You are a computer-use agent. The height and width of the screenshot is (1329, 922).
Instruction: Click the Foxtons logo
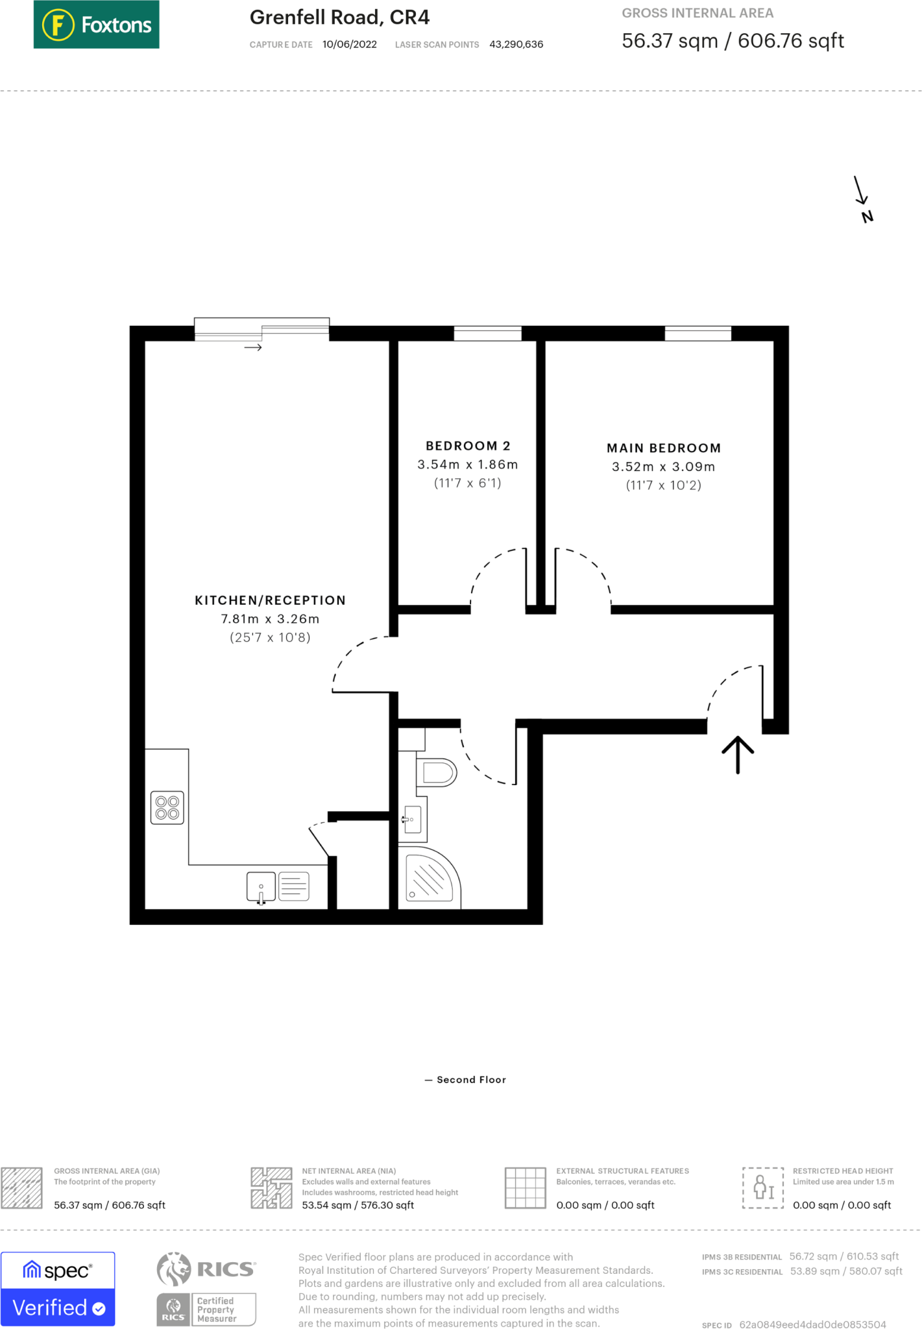click(x=96, y=25)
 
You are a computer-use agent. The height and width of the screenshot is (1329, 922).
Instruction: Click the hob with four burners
click(x=167, y=807)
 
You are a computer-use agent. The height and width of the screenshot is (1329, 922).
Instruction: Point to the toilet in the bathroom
click(x=438, y=773)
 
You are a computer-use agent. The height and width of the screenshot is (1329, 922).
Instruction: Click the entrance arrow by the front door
click(x=738, y=754)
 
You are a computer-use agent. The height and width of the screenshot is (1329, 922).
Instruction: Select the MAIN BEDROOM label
click(x=663, y=448)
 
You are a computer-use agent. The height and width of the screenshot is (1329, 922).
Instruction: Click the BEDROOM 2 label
click(x=468, y=446)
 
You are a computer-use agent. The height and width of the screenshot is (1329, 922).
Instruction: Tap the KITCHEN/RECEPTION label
click(x=270, y=600)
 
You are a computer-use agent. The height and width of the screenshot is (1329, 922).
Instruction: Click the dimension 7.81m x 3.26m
click(x=270, y=619)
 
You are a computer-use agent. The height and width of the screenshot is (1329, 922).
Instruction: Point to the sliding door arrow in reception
click(x=253, y=348)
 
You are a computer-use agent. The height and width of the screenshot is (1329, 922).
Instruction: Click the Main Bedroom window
click(x=698, y=334)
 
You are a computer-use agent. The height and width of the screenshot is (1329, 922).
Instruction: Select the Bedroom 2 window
click(x=487, y=334)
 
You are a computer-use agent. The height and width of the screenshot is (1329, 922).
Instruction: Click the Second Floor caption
click(x=470, y=1080)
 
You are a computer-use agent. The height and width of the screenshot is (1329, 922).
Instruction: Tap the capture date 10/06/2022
click(x=349, y=44)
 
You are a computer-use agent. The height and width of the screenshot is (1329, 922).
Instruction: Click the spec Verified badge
click(x=58, y=1289)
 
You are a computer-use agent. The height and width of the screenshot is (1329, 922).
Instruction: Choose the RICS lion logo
click(x=174, y=1269)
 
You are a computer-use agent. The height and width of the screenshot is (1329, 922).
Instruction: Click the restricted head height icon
click(x=763, y=1188)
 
